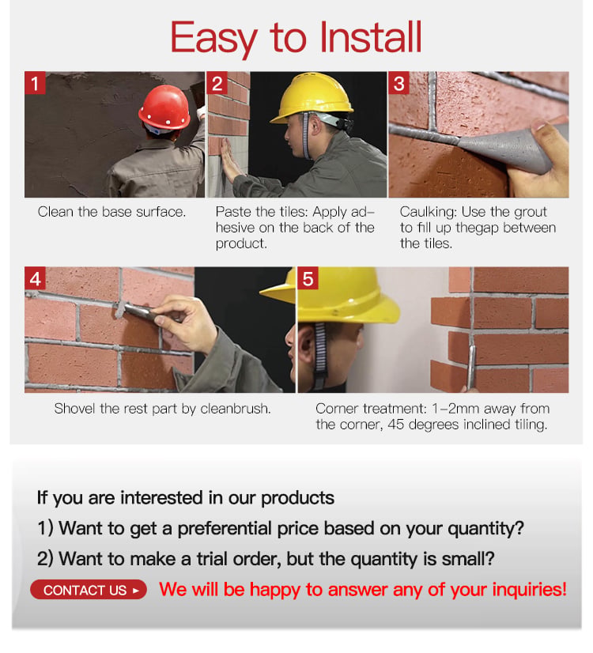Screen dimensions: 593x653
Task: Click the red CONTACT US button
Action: tap(89, 590)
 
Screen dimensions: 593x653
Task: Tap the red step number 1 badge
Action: tap(35, 83)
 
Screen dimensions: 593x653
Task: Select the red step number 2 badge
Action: tap(217, 83)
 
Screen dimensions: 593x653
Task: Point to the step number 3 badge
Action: tap(399, 83)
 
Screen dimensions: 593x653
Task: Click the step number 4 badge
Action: tap(35, 278)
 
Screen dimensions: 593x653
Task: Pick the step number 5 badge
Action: tap(308, 278)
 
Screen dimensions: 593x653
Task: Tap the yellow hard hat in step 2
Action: tap(312, 98)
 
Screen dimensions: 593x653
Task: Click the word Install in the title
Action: tap(371, 36)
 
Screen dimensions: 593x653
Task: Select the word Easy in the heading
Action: tap(213, 39)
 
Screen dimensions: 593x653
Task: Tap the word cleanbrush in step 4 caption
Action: tap(236, 409)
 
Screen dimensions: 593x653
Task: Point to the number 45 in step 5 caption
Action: tap(396, 425)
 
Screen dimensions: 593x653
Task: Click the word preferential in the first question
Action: tap(225, 528)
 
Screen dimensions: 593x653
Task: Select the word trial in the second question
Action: tap(212, 558)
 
